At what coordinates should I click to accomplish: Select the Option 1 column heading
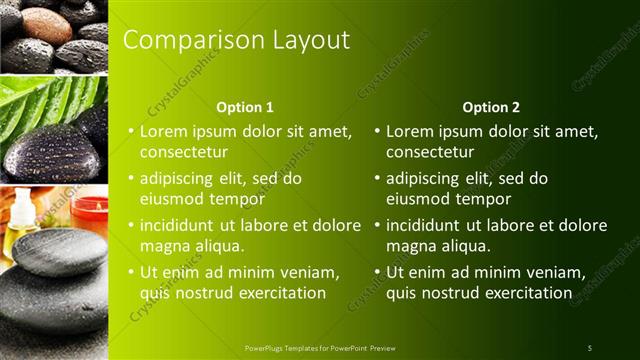pos(245,107)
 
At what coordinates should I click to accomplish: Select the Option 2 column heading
pos(491,107)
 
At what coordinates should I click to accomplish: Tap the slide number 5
pos(589,348)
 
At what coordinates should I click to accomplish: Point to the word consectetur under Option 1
pos(183,153)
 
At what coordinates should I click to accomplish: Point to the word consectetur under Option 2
pos(430,153)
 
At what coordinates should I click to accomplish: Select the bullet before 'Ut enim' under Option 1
pos(131,272)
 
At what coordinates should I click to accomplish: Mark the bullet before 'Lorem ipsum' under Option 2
pos(377,131)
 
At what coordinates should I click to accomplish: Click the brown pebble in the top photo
pos(46,25)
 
